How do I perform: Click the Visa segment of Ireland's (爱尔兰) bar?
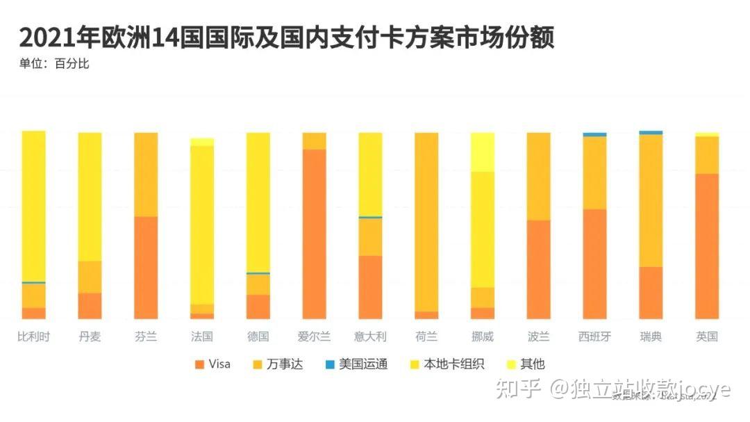pos(314,234)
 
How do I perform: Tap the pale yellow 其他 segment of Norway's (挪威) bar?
pos(483,152)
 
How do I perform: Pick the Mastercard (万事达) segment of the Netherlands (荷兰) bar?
pos(426,222)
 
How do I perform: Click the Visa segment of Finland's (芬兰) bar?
pos(146,268)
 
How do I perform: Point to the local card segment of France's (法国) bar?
pos(202,225)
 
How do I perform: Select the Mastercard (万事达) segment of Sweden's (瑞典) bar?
pos(651,200)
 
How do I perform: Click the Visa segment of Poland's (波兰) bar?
pos(538,269)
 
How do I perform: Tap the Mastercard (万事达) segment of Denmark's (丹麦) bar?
pos(90,277)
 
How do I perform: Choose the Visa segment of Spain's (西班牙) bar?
pos(594,263)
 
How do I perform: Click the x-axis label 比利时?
pos(33,337)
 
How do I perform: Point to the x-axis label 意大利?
pos(370,337)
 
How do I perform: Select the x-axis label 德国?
pos(258,337)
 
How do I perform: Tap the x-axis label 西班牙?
pos(594,337)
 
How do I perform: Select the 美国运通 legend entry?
pos(356,364)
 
